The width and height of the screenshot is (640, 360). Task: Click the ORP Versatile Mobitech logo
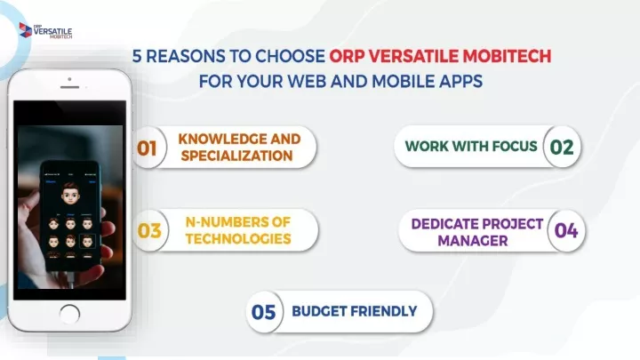click(x=45, y=30)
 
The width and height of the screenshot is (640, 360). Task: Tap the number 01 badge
click(x=148, y=148)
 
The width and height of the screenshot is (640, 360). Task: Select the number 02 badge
click(x=562, y=147)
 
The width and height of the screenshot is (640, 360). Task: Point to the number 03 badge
click(x=149, y=230)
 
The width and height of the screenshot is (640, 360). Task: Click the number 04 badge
click(x=566, y=230)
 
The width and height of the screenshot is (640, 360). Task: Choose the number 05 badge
click(x=264, y=312)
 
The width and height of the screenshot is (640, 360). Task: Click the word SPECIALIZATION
click(x=236, y=156)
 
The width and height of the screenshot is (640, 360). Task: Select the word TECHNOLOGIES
click(x=238, y=239)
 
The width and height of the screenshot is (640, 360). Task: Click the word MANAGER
click(x=473, y=241)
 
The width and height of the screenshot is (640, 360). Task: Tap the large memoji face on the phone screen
click(x=70, y=194)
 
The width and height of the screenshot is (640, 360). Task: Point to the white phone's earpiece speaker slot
click(x=70, y=87)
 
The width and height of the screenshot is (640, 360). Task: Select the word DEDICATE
click(x=444, y=224)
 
